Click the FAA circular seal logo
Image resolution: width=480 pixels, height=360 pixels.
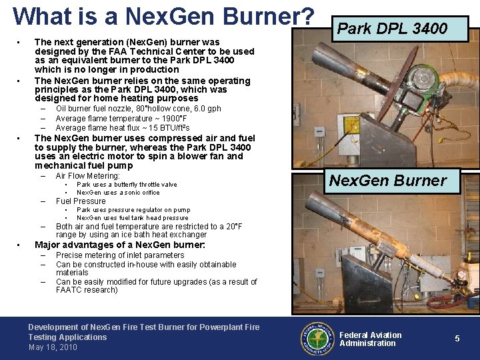(x=317, y=338)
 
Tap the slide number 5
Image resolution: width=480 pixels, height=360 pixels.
(x=457, y=339)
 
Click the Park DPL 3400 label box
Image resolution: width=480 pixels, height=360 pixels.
(x=392, y=29)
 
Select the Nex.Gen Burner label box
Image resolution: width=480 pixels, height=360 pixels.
(x=387, y=181)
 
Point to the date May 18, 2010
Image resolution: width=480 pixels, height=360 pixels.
(x=53, y=347)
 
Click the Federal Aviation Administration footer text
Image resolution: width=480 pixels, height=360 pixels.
(x=370, y=339)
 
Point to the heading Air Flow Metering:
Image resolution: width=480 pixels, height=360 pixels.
(x=87, y=176)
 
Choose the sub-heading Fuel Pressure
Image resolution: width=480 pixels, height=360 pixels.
(x=81, y=201)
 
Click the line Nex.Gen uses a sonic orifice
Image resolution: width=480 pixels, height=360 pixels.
(x=118, y=193)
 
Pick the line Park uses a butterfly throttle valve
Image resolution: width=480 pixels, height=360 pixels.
(x=127, y=185)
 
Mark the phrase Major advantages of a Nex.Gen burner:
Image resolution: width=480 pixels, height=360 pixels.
(x=119, y=245)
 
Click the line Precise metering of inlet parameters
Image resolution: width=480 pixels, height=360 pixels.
(x=120, y=255)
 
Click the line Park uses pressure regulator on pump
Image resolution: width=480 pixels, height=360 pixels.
(x=133, y=210)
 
